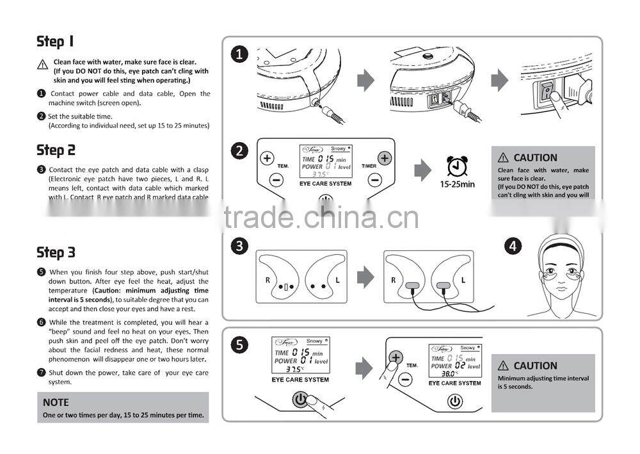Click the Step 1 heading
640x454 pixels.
pos(56,42)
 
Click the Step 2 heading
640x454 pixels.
pos(56,150)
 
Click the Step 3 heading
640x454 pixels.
pos(56,252)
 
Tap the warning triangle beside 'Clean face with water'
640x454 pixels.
pos(42,65)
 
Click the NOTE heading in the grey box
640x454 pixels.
pos(56,402)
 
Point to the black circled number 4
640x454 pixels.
pos(513,246)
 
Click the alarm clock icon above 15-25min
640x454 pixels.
pos(456,166)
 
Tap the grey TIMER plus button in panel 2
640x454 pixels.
pos(384,158)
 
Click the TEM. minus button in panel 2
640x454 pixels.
pos(276,180)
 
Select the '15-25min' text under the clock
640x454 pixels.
pos(457,184)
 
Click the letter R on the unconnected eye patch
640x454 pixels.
pos(268,280)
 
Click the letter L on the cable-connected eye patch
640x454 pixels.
pos(462,280)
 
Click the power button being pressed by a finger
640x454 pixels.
pos(300,399)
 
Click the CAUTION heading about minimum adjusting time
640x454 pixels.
pos(535,366)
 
